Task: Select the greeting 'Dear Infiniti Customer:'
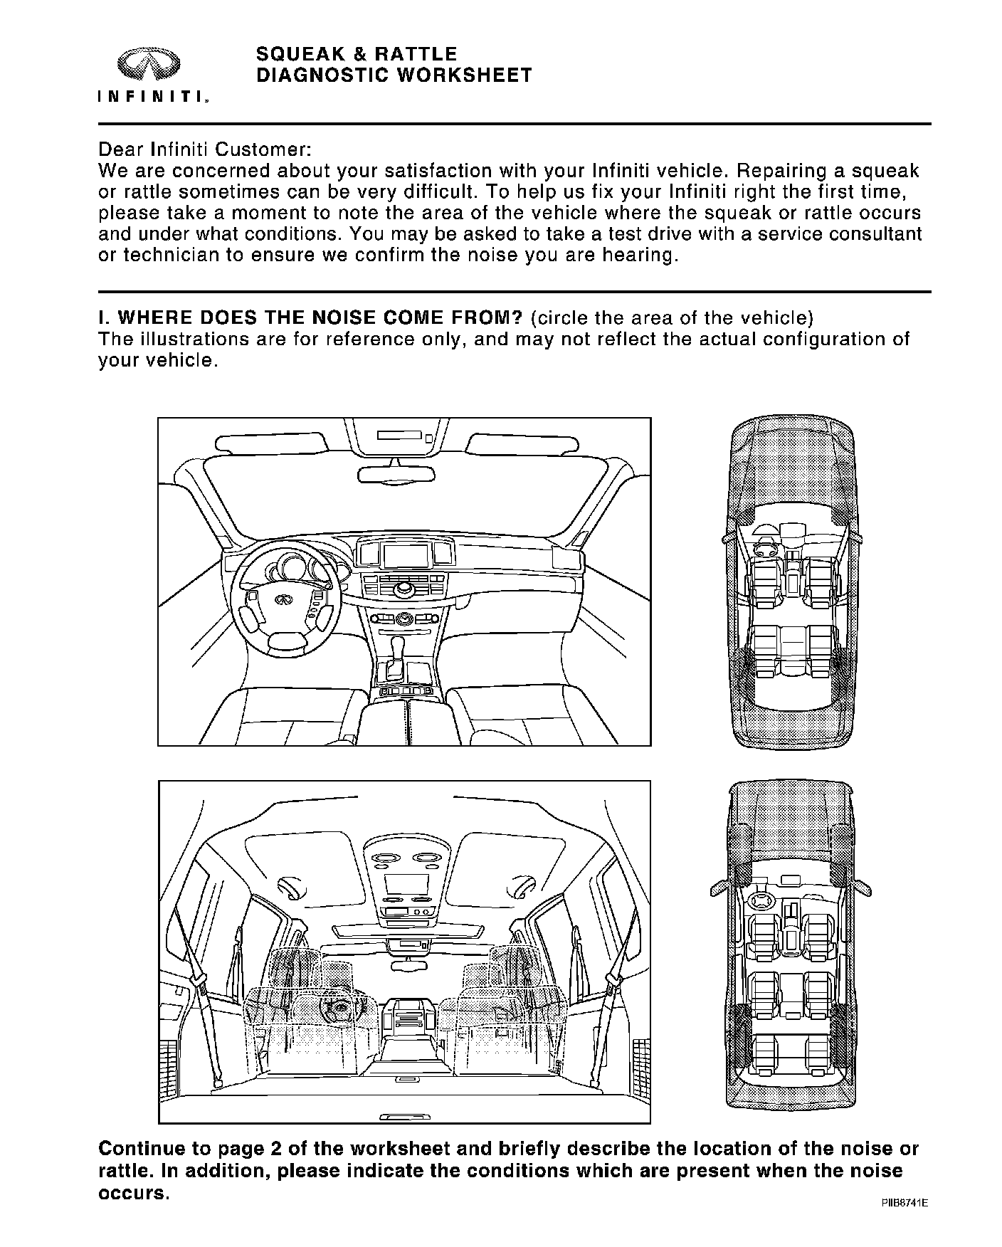204,150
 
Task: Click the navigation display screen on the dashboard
406,554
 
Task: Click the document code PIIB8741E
904,1203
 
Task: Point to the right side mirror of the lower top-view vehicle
863,887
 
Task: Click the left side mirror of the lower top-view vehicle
718,888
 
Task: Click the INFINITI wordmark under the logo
152,97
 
